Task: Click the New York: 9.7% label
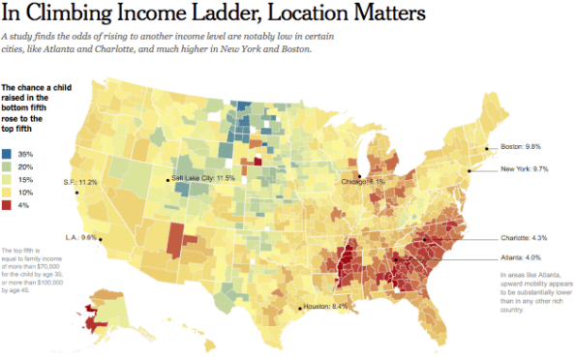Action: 526,169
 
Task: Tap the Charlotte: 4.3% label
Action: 525,237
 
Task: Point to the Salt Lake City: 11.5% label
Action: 203,178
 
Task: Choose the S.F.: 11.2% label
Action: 81,182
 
